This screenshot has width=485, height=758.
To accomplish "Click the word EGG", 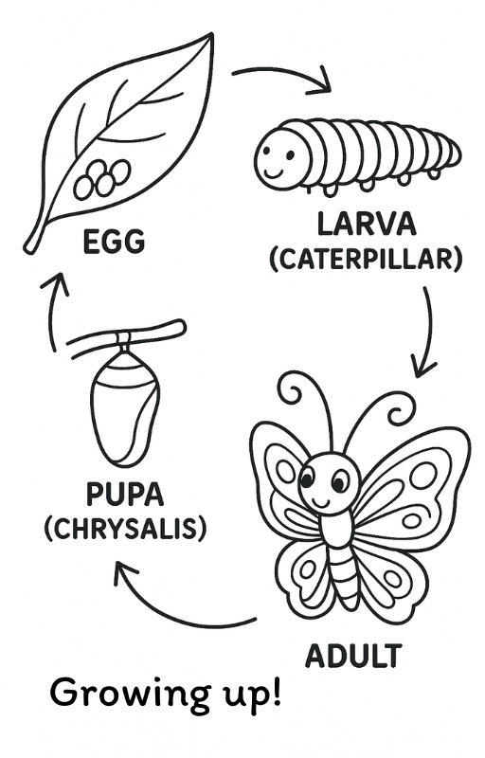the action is point(114,242).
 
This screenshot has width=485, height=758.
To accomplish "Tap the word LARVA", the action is point(367,225).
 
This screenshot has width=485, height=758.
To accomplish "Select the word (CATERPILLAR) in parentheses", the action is point(366,259).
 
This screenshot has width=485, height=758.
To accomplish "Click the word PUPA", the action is point(125,495).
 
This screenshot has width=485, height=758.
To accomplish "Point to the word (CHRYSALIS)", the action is point(125,529).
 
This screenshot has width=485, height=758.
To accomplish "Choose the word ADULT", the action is point(353,656).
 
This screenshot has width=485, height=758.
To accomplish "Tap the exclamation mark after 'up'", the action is point(276,692).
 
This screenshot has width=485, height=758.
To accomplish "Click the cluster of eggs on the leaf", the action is point(102,179).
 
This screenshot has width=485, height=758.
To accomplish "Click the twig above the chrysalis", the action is point(127,335).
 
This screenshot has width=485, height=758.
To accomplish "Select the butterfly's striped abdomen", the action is point(344,574).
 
